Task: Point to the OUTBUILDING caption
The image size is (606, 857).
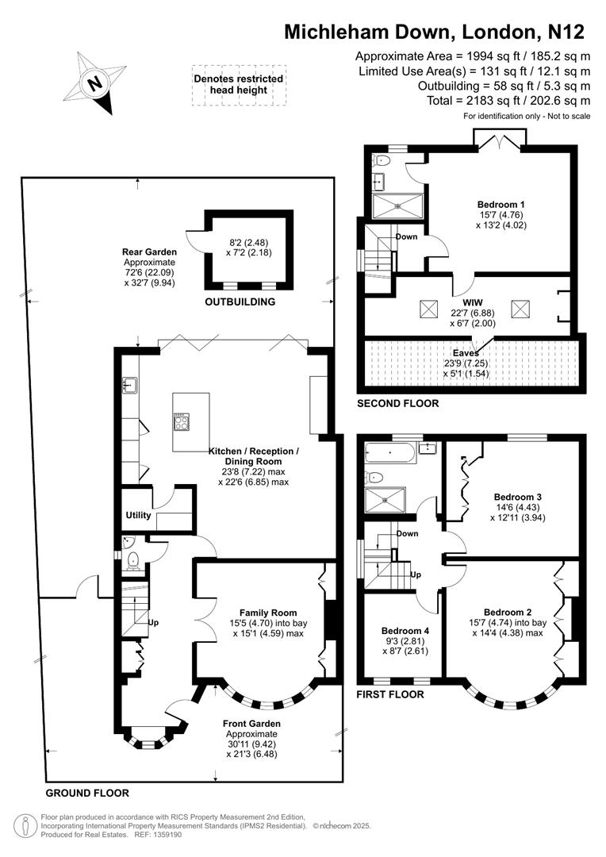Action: click(x=240, y=302)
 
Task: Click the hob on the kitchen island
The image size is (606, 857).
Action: click(x=182, y=421)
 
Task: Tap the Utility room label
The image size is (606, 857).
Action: click(x=138, y=515)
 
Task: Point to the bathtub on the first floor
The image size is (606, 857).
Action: click(x=389, y=455)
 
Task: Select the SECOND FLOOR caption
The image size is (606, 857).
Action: click(x=397, y=403)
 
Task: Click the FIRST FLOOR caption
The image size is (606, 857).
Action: click(x=390, y=694)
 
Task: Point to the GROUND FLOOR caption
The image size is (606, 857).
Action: click(x=86, y=793)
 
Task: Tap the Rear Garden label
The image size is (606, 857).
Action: click(x=144, y=252)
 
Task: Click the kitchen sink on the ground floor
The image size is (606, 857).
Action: click(x=130, y=386)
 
